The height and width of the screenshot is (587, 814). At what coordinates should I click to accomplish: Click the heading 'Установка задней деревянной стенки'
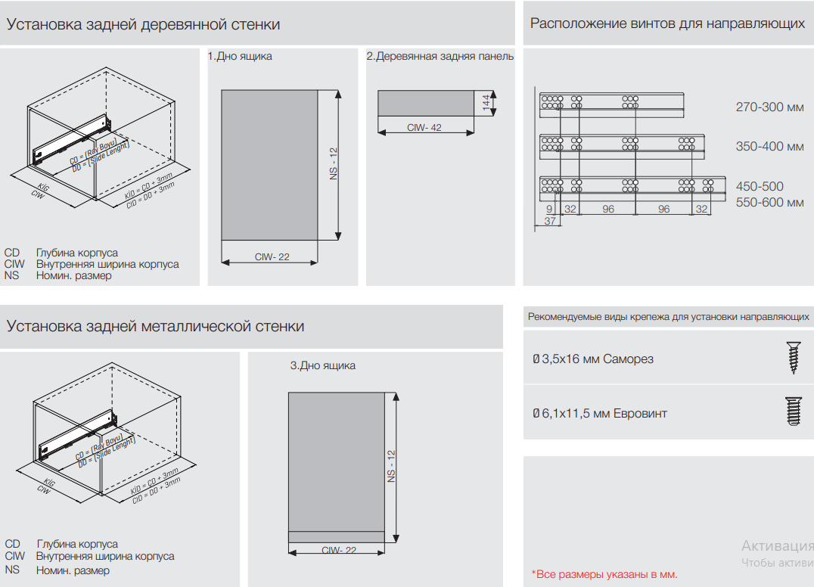coord(143,24)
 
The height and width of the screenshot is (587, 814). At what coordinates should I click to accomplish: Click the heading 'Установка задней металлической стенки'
coord(155,326)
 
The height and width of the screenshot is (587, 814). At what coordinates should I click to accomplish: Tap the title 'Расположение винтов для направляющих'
coord(666,23)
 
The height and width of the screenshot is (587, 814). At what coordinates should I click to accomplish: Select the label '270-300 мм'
coord(769,107)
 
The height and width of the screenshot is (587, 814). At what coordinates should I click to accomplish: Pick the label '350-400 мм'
coord(769,146)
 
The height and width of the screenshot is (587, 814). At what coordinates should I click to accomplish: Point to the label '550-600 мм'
coord(769,203)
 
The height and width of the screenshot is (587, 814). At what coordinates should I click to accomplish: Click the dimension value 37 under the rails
coord(550,221)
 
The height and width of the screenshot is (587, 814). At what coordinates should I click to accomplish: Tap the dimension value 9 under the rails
coord(550,209)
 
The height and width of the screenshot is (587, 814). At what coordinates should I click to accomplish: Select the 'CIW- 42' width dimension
coord(424,128)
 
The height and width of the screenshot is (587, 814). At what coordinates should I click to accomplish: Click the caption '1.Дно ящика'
coord(240,57)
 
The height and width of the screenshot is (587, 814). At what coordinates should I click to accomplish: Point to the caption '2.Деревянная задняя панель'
coord(440,57)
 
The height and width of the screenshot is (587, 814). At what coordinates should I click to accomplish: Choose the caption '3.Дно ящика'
coord(322,365)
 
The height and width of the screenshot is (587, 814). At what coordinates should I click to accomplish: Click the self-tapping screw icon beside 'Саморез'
coord(792,358)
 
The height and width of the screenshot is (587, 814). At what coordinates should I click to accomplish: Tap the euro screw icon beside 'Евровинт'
coord(792,412)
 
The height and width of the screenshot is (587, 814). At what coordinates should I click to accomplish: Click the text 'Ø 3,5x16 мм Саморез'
coord(592,359)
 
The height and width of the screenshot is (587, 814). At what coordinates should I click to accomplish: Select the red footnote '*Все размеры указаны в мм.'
coord(604,574)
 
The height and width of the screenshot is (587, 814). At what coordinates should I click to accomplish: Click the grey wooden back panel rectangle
coord(425,104)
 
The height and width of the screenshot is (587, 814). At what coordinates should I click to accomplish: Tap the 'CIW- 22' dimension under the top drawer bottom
coord(272,257)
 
